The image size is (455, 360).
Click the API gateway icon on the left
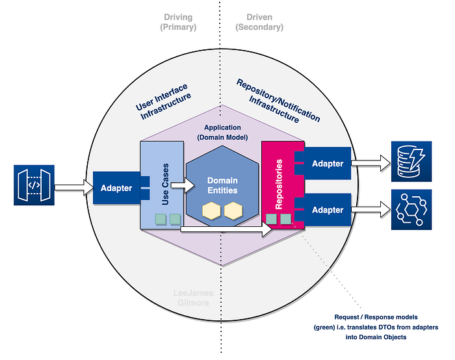(x=34, y=185)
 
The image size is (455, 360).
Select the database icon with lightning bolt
(x=411, y=162)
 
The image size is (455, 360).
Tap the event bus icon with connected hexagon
(x=411, y=210)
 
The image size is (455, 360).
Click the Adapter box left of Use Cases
(x=116, y=188)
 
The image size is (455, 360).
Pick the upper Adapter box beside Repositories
(x=328, y=163)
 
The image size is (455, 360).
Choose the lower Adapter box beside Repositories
(x=328, y=210)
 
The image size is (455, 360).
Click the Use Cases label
(x=165, y=184)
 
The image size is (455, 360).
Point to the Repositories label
(x=279, y=184)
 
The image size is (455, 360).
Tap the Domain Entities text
(x=222, y=185)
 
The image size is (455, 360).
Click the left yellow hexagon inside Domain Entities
(x=211, y=211)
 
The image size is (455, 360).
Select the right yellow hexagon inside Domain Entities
(x=233, y=211)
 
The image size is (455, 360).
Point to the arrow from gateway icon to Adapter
(x=74, y=188)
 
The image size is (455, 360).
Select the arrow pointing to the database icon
(x=371, y=163)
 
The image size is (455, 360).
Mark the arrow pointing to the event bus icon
(x=371, y=209)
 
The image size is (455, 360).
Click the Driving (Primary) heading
(x=178, y=22)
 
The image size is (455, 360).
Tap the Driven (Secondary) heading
(x=259, y=22)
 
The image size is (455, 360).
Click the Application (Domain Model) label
(x=222, y=133)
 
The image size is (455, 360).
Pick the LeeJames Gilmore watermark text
(x=193, y=298)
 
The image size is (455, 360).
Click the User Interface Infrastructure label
(x=163, y=101)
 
